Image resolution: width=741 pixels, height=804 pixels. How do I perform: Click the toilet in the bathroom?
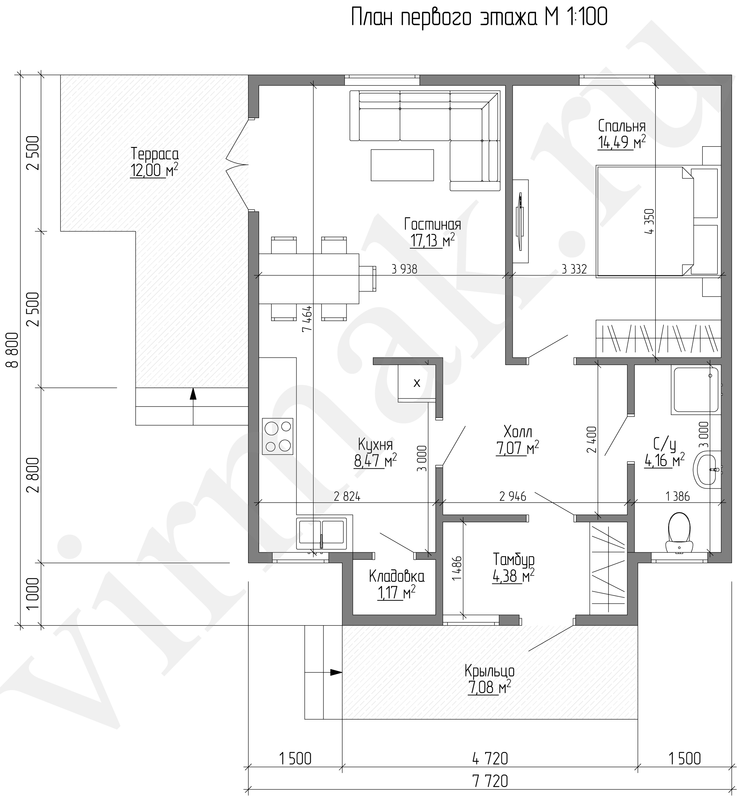679,533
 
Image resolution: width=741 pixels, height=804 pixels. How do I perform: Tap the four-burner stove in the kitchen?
277,436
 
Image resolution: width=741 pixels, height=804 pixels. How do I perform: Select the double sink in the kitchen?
321,533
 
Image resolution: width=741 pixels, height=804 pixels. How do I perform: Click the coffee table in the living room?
402,165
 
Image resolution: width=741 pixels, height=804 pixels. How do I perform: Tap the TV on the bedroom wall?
520,221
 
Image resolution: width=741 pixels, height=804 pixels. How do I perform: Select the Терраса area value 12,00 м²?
154,170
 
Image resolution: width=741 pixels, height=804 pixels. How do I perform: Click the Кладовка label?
397,577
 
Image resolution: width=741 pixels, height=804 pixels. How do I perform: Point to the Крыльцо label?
490,671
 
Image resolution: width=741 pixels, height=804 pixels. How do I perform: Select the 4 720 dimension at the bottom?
490,758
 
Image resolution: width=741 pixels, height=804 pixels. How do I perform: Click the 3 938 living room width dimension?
404,269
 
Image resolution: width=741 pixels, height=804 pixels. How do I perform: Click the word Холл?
518,432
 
